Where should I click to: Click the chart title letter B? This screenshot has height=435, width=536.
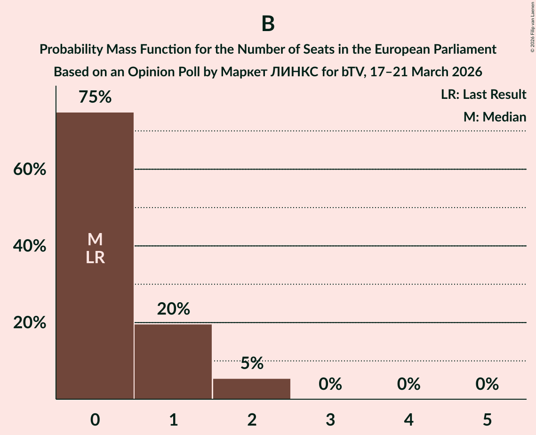tap(268, 24)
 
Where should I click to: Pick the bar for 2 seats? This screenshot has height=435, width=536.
tap(252, 389)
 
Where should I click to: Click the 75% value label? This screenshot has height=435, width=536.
tap(95, 97)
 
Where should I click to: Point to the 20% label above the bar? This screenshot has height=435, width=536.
tap(173, 309)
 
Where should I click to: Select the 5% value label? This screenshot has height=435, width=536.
tap(252, 363)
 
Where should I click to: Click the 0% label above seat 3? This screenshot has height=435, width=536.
tap(330, 384)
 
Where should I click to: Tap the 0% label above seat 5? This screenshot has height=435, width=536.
tap(487, 384)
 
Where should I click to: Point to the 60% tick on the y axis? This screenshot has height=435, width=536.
tap(29, 169)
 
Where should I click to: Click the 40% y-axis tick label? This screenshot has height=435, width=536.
tap(29, 246)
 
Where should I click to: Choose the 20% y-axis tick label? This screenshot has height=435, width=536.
tap(29, 323)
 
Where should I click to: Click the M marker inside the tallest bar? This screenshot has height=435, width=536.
tap(95, 240)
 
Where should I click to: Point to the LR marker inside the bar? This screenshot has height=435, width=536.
tap(95, 258)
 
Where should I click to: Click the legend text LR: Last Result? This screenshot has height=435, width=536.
tap(483, 95)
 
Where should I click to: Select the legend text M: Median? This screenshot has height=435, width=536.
tap(495, 117)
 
